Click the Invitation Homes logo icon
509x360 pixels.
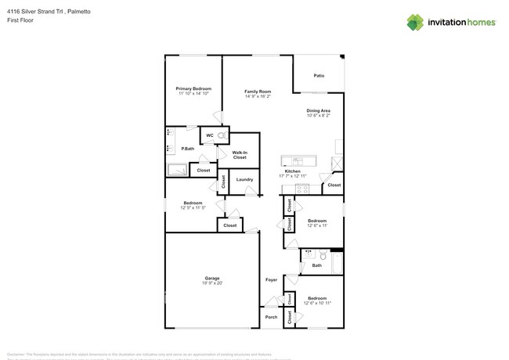click(415, 22)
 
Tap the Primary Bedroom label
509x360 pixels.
click(193, 89)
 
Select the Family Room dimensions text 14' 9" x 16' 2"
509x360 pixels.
click(257, 96)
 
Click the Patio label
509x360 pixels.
click(319, 76)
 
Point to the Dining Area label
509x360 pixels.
click(318, 110)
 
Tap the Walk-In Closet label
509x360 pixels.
click(240, 155)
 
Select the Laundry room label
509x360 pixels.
click(244, 180)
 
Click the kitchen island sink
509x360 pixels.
click(298, 161)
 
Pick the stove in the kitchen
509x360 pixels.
click(304, 188)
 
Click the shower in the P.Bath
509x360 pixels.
click(177, 168)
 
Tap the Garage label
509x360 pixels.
click(212, 278)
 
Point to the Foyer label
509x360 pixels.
click(272, 279)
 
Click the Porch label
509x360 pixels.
click(272, 317)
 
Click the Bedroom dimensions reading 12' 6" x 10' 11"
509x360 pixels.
click(317, 303)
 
